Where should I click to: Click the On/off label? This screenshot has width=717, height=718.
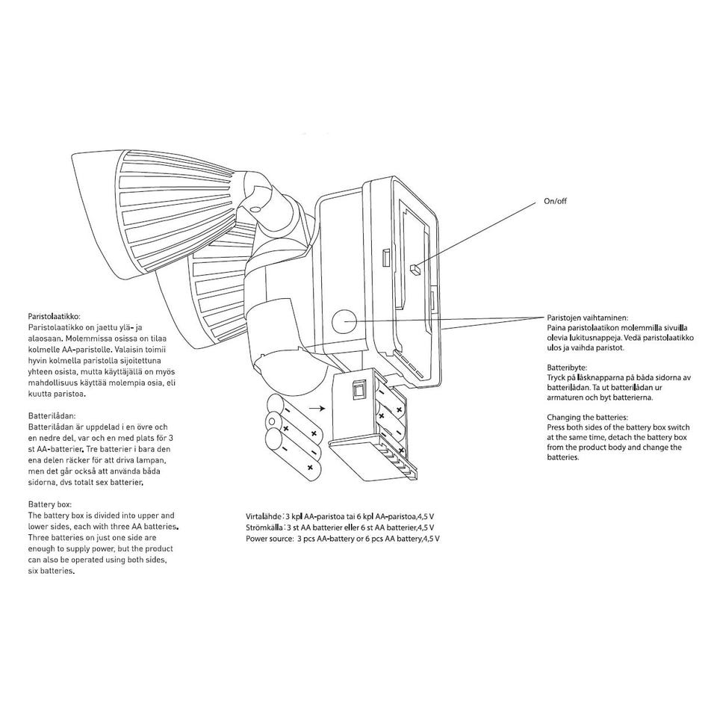click(555, 201)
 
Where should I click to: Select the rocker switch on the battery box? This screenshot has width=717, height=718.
click(358, 390)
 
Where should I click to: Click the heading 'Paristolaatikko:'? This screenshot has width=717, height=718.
click(54, 317)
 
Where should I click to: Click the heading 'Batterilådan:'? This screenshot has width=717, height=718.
click(52, 416)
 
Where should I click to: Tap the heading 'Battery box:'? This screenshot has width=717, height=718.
click(50, 504)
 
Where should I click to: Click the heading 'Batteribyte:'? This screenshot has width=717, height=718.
click(567, 368)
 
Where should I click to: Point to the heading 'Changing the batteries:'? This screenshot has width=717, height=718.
click(588, 418)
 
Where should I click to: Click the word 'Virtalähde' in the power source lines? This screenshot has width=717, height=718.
click(264, 516)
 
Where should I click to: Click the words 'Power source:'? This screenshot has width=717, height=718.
click(270, 539)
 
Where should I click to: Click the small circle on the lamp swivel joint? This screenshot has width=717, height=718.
click(255, 208)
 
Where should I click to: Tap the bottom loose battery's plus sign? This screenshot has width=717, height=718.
click(310, 468)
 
